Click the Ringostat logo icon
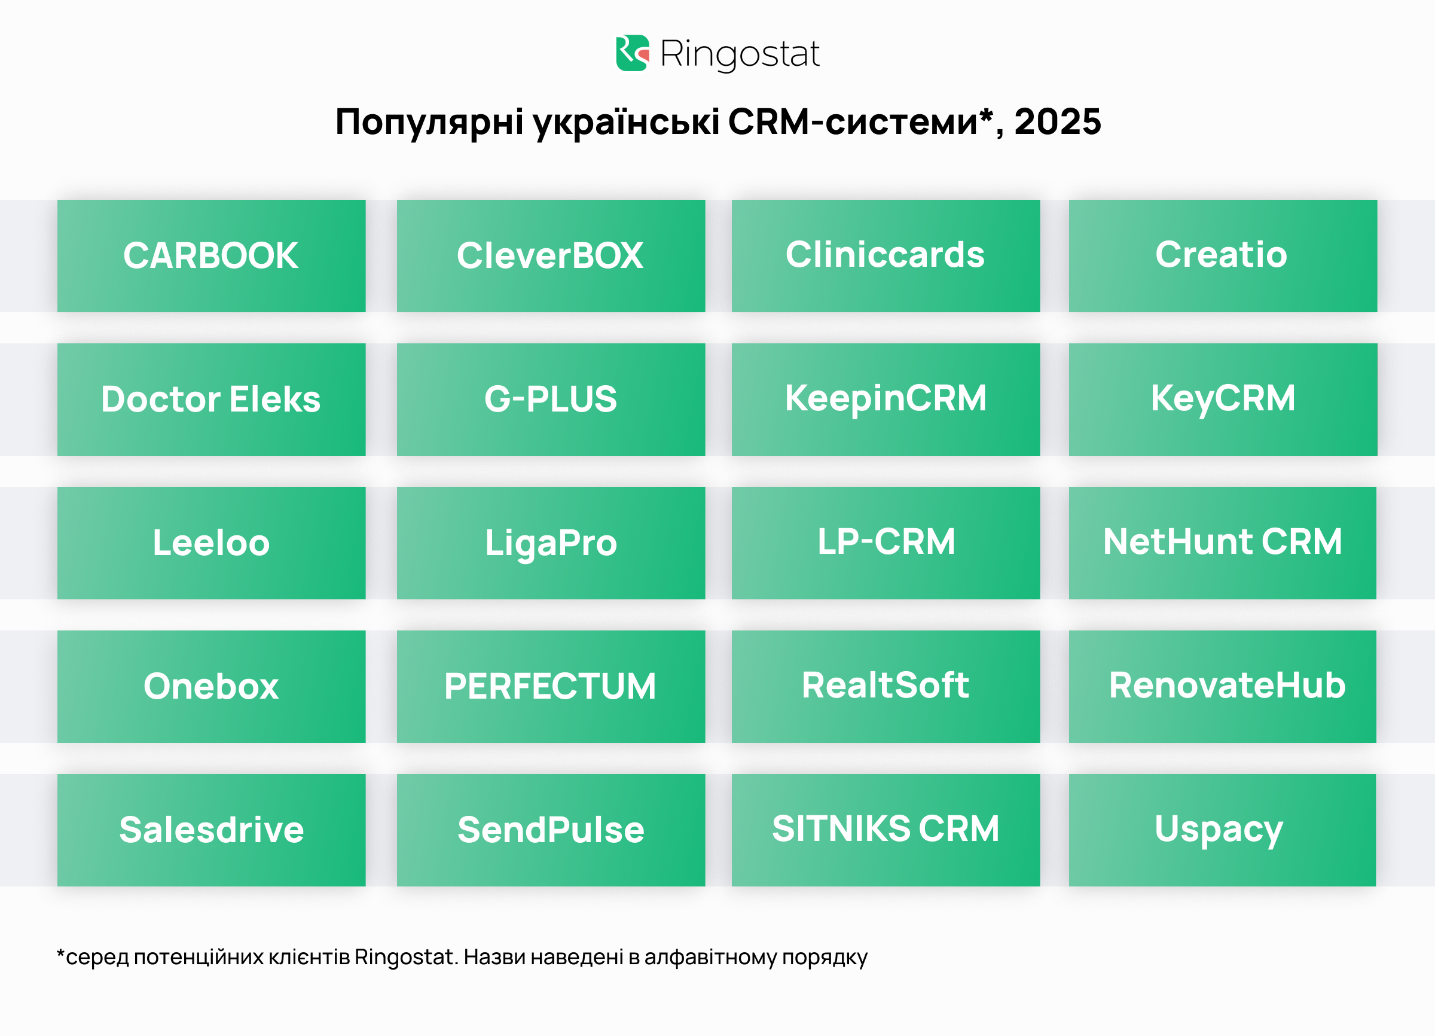click(632, 53)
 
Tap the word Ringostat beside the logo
click(739, 54)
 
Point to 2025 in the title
click(1057, 121)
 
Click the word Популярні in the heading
click(429, 121)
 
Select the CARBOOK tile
click(211, 255)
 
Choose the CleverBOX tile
click(551, 255)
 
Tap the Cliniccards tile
click(885, 255)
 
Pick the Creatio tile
click(1222, 255)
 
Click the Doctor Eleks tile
click(211, 400)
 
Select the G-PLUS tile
click(551, 400)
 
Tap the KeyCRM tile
click(1222, 400)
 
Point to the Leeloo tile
click(211, 543)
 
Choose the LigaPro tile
click(551, 543)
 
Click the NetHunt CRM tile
click(1222, 543)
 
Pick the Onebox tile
click(211, 687)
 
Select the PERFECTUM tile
click(551, 687)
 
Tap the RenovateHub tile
click(1222, 687)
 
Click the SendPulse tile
click(551, 830)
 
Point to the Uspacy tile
click(1222, 830)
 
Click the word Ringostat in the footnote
click(405, 957)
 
